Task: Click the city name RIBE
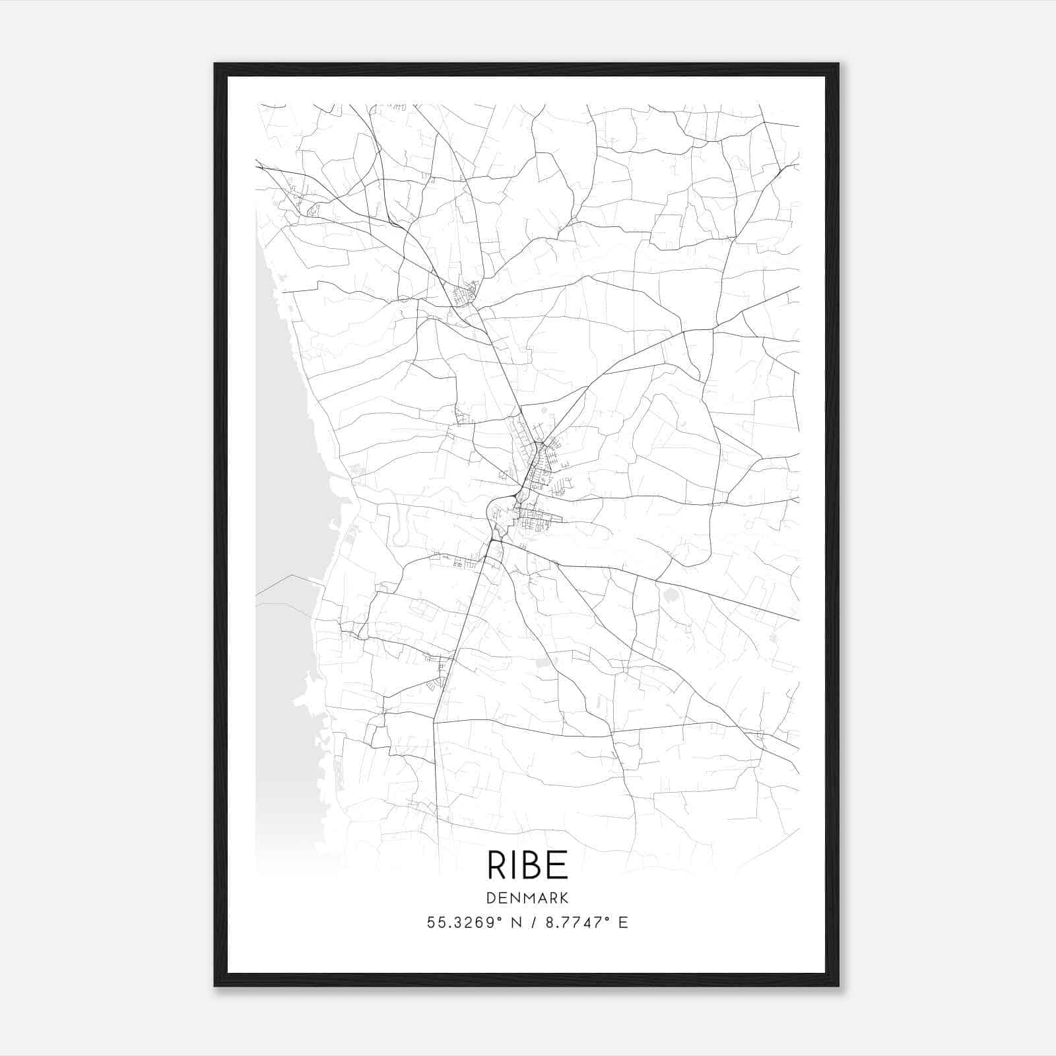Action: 527,865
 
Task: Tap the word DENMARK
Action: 527,898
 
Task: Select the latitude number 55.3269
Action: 461,923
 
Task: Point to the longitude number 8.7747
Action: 572,923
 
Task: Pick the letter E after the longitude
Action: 623,923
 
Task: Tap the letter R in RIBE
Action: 497,865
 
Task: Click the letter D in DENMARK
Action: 491,898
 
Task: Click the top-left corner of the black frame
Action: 215,64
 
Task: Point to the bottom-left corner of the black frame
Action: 215,985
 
